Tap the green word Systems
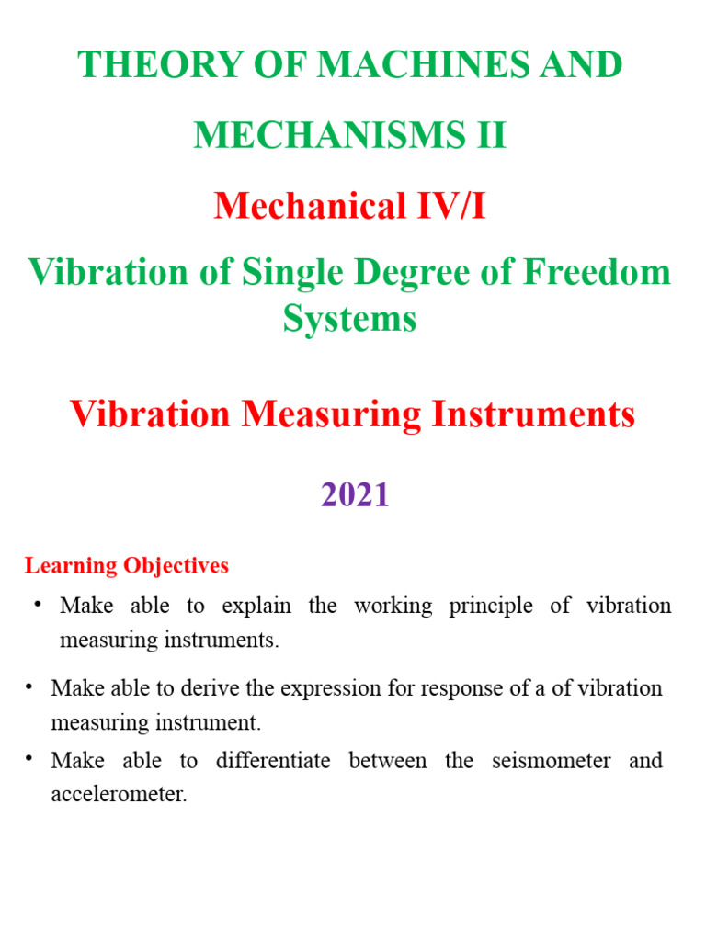[x=349, y=319]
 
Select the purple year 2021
[x=356, y=495]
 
